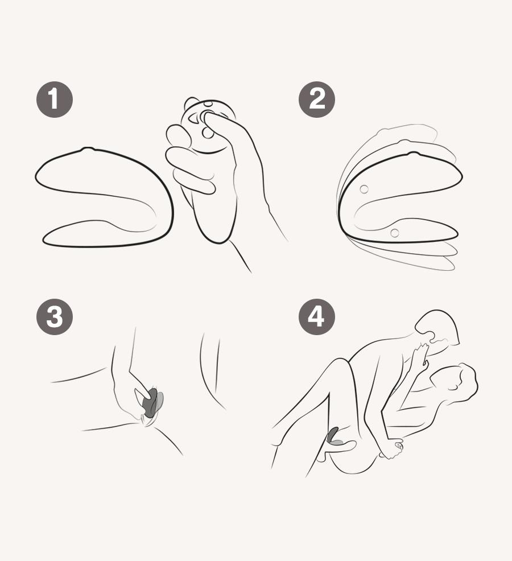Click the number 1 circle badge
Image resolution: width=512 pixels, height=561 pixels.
tap(55, 100)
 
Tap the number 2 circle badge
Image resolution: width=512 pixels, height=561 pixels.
tap(317, 100)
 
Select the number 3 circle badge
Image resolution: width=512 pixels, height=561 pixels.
tap(55, 316)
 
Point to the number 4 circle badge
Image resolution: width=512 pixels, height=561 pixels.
tap(317, 316)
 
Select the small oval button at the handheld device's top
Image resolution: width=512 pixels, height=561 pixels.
tap(208, 105)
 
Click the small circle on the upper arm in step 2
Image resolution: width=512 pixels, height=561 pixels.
tap(364, 188)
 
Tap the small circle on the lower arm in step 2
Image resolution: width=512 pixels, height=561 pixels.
tap(394, 232)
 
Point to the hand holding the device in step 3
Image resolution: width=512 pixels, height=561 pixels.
tap(128, 393)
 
